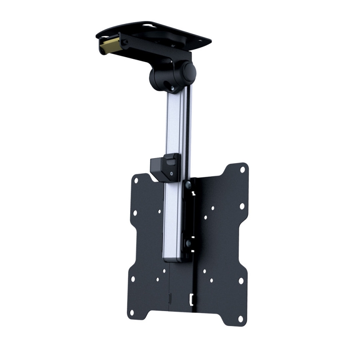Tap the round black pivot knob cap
pos(190,71)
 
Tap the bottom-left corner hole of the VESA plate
pos(132,312)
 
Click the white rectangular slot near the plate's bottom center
pos(191,298)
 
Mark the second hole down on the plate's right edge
pos(241,206)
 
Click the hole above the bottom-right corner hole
pos(241,281)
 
